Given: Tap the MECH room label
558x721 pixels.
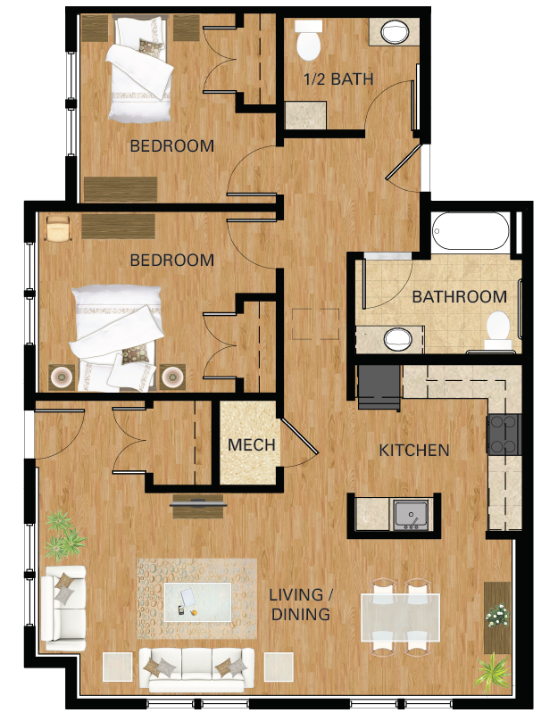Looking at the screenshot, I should tap(251, 444).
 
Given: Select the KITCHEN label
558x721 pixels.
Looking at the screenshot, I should tap(414, 450).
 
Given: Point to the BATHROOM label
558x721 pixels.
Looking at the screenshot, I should tap(459, 297).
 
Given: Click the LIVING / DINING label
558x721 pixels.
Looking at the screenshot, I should tap(300, 604).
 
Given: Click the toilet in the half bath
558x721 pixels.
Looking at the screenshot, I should tap(308, 39).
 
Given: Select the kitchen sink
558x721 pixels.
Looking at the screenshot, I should tap(412, 514).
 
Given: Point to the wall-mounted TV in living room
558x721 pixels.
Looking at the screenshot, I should tap(198, 505).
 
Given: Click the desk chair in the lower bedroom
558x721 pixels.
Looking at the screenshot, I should tap(57, 228).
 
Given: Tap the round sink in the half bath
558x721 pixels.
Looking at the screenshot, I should tap(394, 32).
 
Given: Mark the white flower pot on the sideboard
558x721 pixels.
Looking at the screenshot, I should tap(496, 614).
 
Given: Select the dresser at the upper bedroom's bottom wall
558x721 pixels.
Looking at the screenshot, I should tap(121, 189).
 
